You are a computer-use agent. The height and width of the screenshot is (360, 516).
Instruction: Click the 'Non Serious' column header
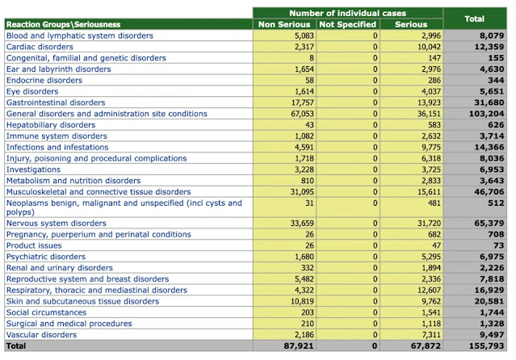coord(283,24)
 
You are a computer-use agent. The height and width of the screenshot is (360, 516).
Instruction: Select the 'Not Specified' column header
coord(348,24)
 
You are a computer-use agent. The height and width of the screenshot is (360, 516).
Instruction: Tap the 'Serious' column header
coord(411,24)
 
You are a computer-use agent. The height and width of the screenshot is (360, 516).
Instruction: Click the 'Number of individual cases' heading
coord(349,13)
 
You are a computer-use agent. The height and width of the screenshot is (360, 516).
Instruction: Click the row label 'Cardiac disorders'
coord(40,47)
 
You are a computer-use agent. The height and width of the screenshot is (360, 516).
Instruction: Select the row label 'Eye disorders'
coord(32,91)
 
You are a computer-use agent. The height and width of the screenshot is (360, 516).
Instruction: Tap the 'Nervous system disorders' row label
coord(56,223)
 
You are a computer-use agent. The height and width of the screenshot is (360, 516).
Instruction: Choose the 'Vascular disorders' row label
coord(42,334)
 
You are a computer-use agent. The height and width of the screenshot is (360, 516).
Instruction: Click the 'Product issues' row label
coord(34,245)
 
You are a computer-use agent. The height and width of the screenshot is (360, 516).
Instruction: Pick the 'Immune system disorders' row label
coord(56,136)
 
